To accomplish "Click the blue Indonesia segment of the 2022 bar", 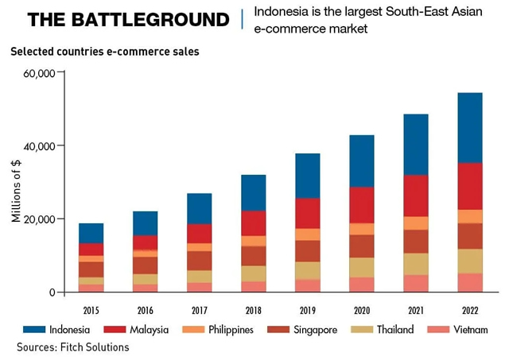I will pyautogui.click(x=469, y=128).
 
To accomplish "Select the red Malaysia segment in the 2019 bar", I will pyautogui.click(x=307, y=213).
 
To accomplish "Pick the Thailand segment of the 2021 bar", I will pyautogui.click(x=415, y=264).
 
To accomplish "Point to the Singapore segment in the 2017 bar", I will pyautogui.click(x=199, y=261).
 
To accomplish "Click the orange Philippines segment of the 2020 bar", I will pyautogui.click(x=361, y=229).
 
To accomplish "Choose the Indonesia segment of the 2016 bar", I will pyautogui.click(x=145, y=223).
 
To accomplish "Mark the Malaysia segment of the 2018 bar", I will pyautogui.click(x=253, y=223).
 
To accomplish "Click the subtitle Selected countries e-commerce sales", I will pyautogui.click(x=104, y=52).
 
